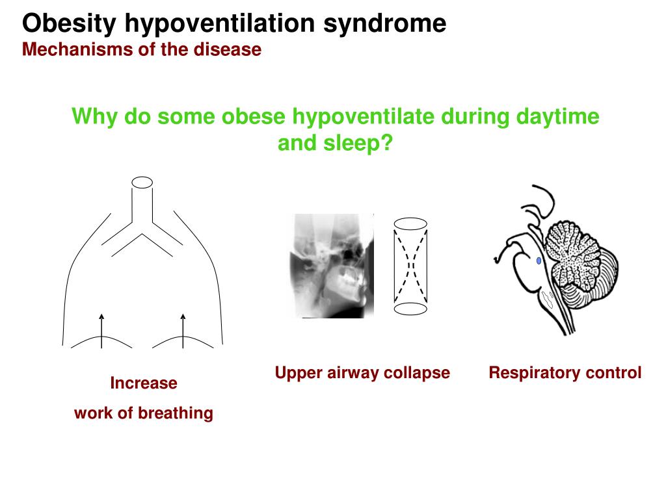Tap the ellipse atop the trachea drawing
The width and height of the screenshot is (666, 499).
point(142,182)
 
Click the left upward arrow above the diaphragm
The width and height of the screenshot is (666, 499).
point(101,325)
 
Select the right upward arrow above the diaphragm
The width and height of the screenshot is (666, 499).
point(183,325)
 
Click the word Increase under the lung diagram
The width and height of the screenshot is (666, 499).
point(144,383)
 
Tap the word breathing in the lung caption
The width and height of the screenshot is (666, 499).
point(178,413)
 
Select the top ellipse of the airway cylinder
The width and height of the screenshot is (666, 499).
point(410,224)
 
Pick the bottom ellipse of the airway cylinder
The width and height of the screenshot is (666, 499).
point(410,309)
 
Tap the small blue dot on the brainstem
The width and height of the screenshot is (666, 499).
point(539,261)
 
